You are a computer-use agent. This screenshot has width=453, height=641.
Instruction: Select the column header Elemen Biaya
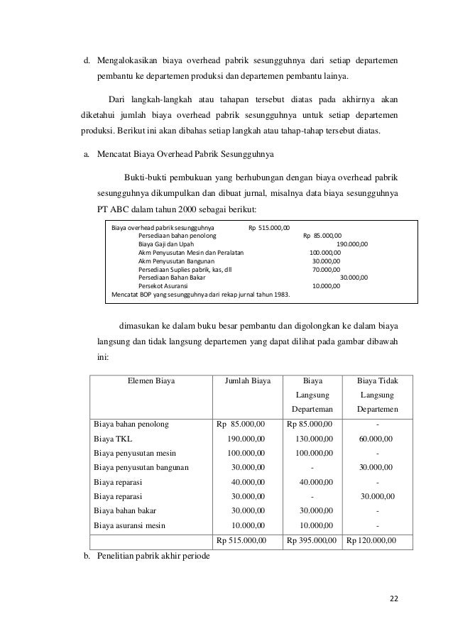coord(151,380)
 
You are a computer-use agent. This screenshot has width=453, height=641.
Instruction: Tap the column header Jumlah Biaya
coord(248,380)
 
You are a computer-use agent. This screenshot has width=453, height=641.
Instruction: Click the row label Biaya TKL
coord(109,439)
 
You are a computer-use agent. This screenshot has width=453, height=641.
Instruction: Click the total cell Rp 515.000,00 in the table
coord(241,541)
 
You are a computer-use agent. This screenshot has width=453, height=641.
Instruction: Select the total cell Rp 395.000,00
coord(312,541)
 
